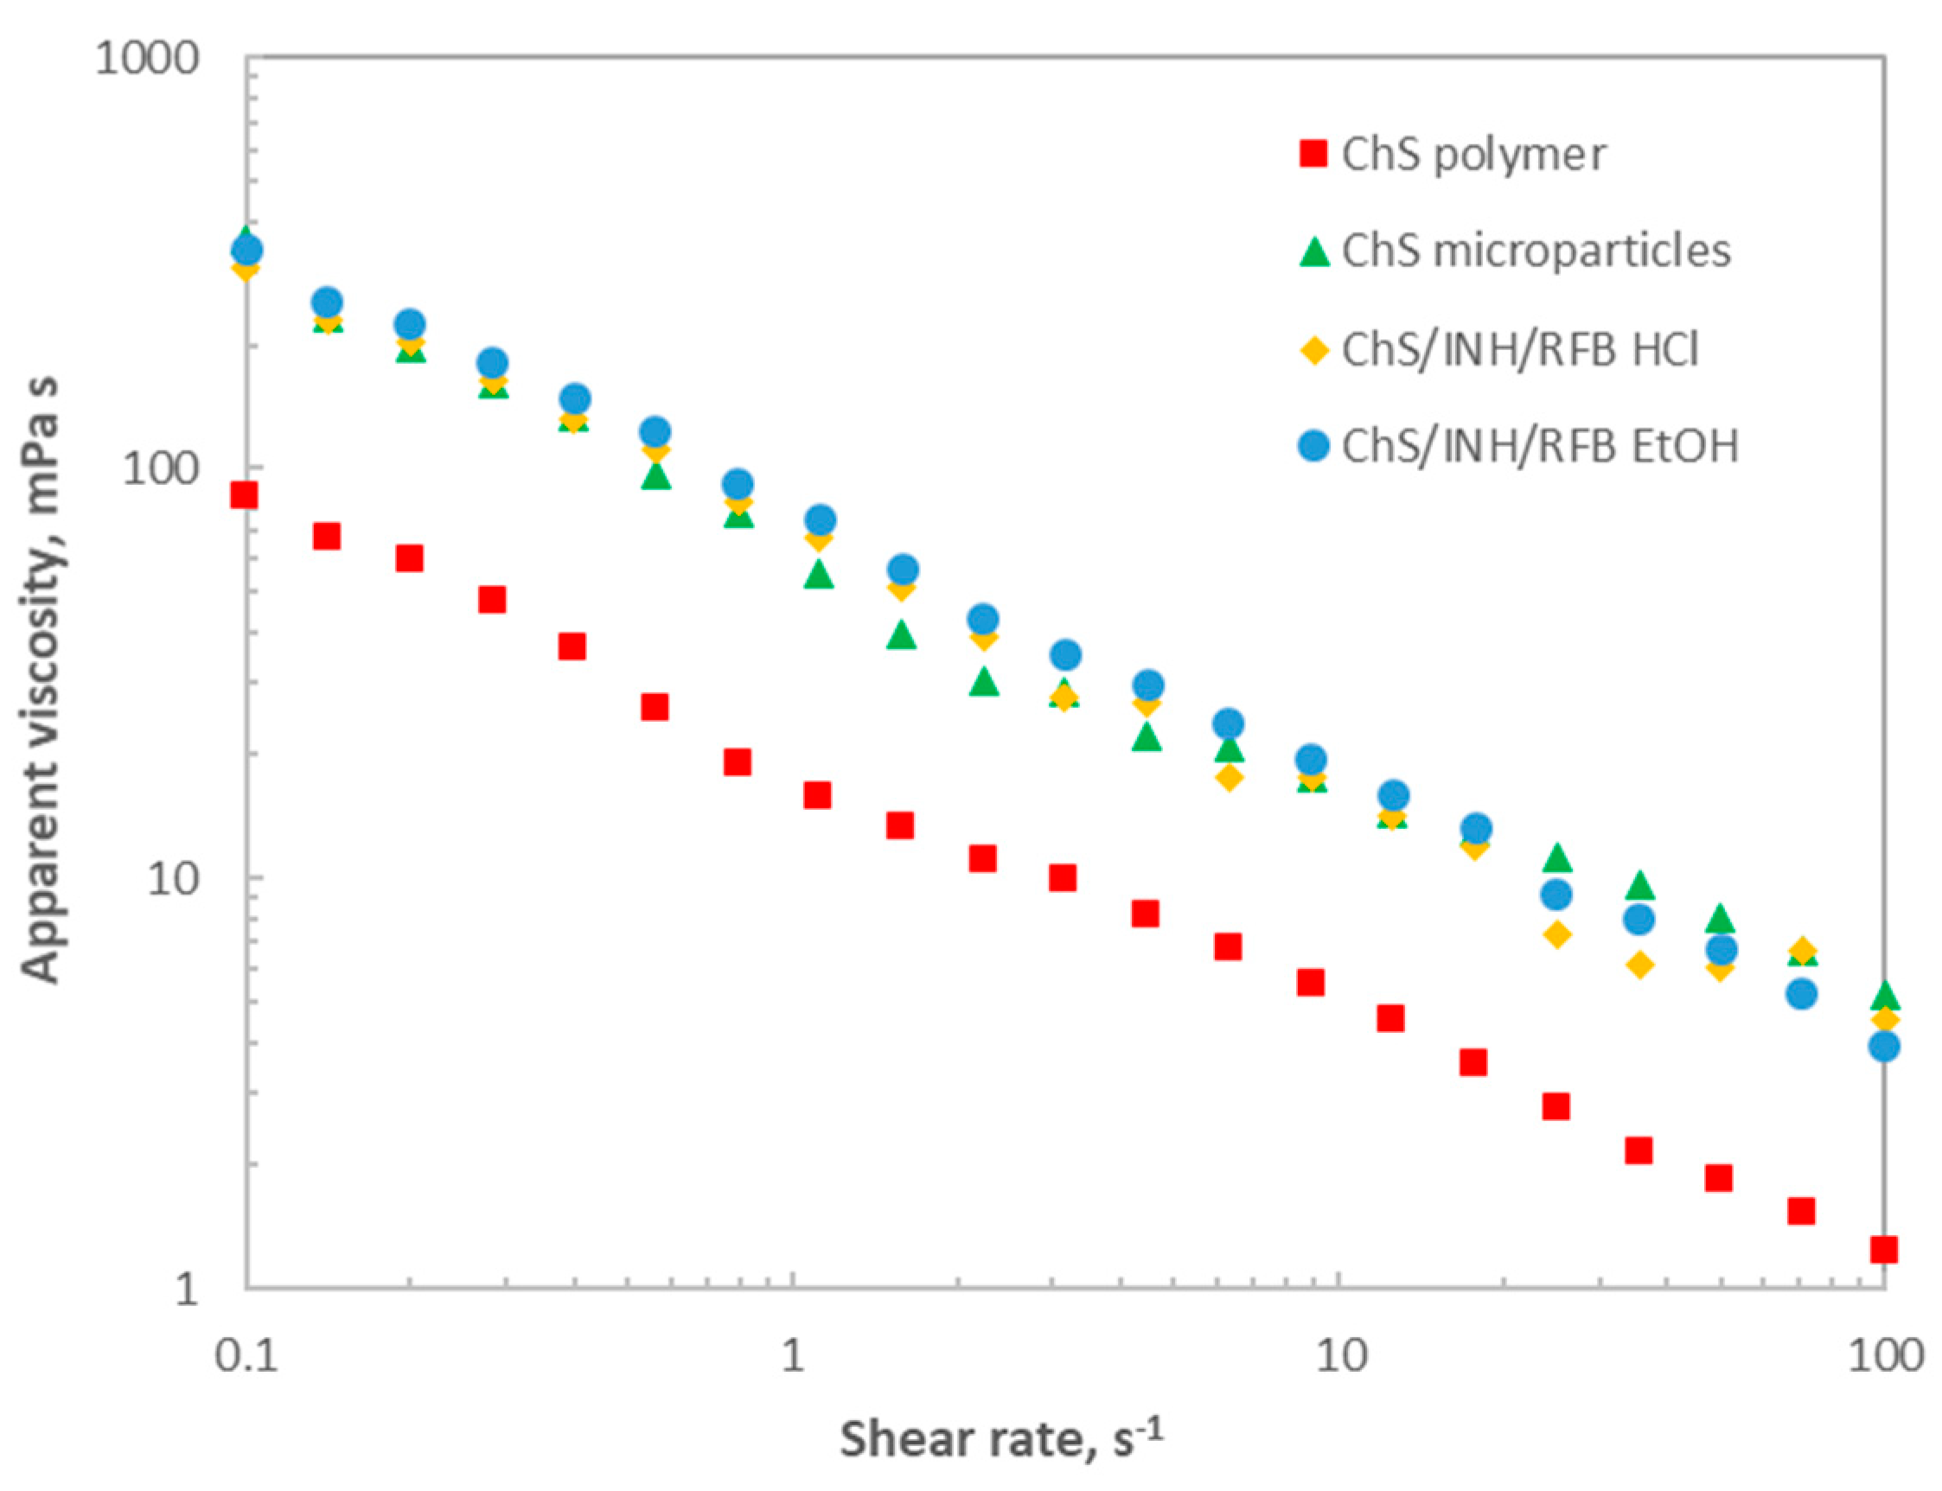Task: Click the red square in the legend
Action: pyautogui.click(x=1313, y=154)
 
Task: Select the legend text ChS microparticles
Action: pyautogui.click(x=1536, y=252)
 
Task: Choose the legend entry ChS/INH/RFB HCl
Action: pyautogui.click(x=1519, y=350)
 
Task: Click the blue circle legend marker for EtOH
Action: pyautogui.click(x=1313, y=444)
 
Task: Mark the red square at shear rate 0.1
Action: pyautogui.click(x=244, y=495)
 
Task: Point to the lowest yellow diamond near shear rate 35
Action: pyautogui.click(x=1640, y=965)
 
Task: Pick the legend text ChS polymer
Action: pyautogui.click(x=1473, y=155)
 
